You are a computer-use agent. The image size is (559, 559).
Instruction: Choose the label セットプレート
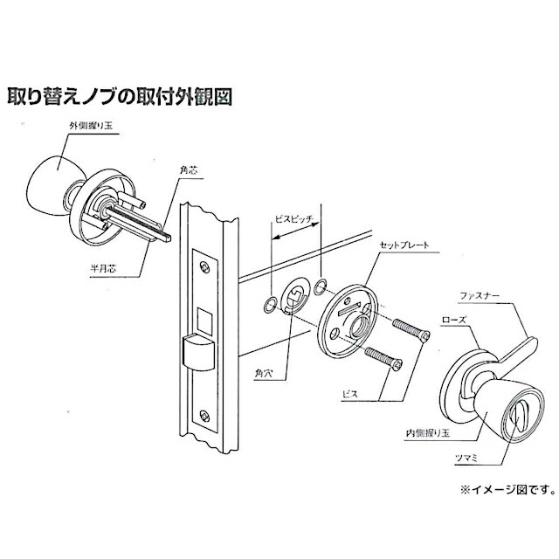click(403, 246)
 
